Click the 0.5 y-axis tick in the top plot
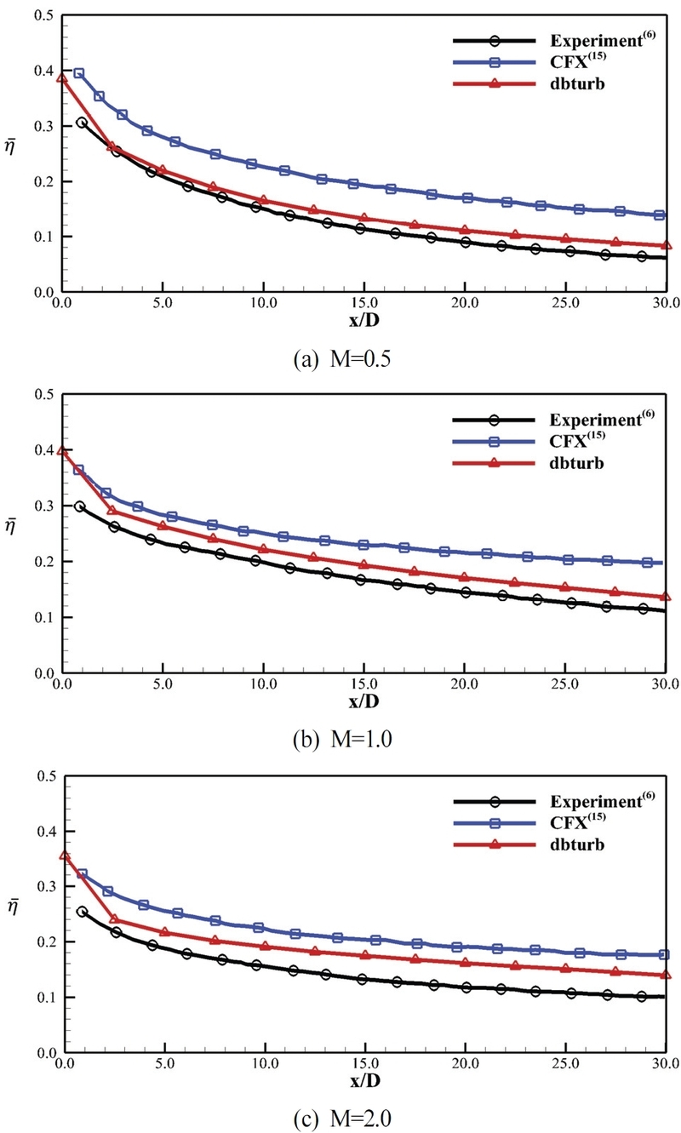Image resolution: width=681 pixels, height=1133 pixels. (42, 16)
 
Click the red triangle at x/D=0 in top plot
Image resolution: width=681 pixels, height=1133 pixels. (62, 78)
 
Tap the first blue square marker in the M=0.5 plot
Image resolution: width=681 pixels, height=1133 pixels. (79, 73)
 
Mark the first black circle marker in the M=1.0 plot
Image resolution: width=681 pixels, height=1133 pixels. (80, 506)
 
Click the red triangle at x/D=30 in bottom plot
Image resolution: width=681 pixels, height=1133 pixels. (666, 975)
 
